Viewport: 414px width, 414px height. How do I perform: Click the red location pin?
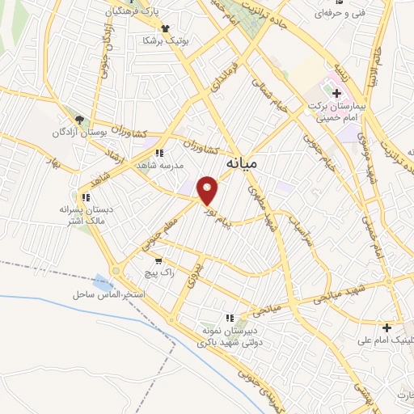point(209,191)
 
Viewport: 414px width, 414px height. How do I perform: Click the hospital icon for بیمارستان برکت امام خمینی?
point(336,93)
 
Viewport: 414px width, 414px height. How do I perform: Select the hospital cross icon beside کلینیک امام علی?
point(387,327)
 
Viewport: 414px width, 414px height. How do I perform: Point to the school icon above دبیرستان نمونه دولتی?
point(230,319)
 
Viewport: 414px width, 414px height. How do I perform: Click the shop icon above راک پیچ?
point(158,260)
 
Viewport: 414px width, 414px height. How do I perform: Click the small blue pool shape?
point(103,284)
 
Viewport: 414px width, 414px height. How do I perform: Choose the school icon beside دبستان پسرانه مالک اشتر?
point(85,196)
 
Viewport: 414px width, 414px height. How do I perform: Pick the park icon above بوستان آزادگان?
point(78,119)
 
